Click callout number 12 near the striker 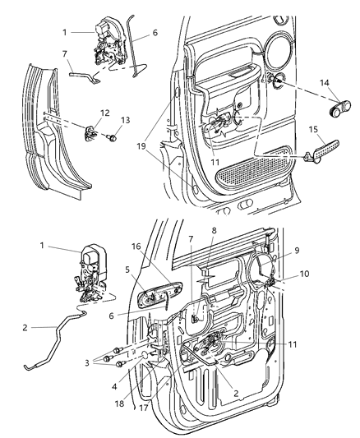104,113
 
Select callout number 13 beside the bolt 126,120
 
